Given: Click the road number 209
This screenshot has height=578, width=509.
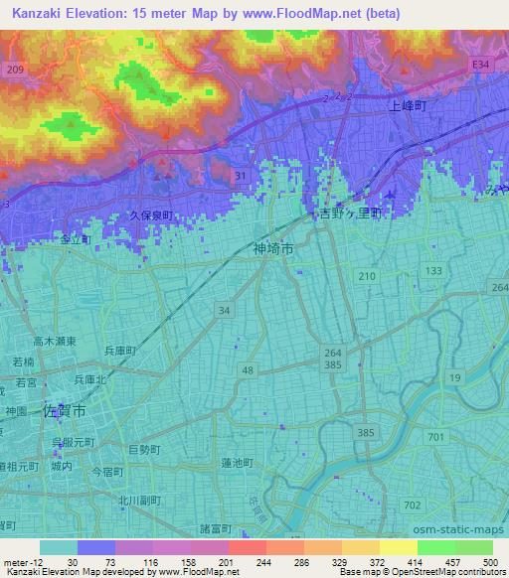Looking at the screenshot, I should [x=13, y=70].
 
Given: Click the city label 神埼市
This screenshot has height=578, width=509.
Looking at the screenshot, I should [x=273, y=251].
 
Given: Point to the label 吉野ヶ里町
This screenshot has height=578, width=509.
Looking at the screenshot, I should [x=350, y=214].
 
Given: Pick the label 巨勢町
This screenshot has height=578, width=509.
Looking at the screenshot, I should [x=145, y=450].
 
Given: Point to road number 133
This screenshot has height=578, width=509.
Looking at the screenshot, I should [x=434, y=270].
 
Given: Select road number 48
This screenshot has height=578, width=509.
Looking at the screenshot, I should [x=245, y=369].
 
